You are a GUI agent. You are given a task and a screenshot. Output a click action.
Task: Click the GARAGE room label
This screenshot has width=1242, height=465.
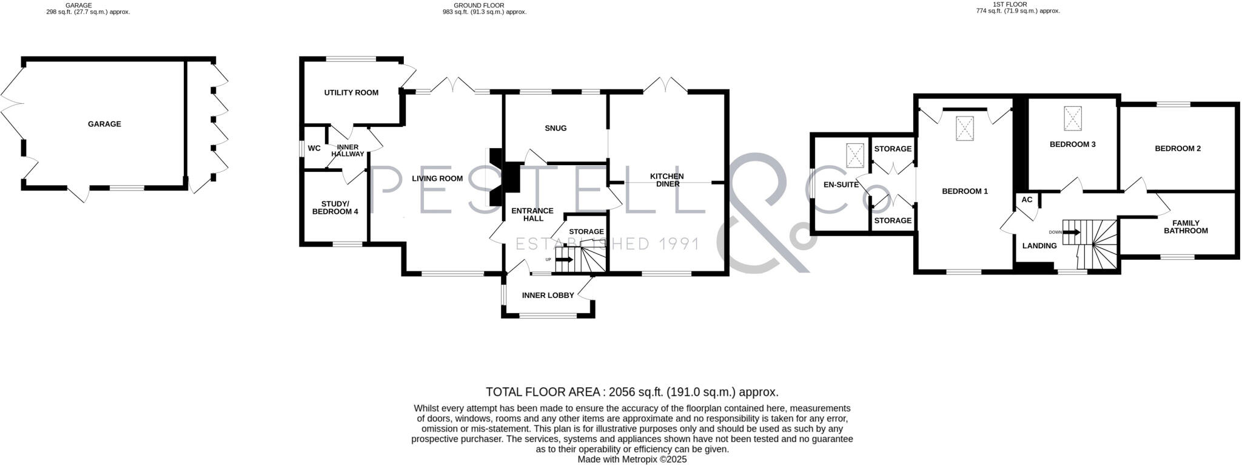[x=104, y=124]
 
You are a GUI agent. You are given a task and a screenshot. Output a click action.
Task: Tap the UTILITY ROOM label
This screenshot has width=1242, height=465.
[x=351, y=93]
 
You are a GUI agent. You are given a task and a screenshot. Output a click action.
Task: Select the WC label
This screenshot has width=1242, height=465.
[x=314, y=148]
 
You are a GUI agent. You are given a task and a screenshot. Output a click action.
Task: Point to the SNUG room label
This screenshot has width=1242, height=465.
[x=556, y=128]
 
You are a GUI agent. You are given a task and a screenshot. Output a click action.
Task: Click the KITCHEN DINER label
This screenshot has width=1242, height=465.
[x=667, y=180]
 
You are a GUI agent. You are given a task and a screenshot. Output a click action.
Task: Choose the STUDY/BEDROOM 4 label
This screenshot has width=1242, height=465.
[x=335, y=208]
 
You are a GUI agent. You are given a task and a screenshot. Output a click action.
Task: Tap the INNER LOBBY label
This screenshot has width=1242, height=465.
[x=548, y=296]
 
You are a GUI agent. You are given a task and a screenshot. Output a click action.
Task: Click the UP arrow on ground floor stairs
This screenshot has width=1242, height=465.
[x=564, y=260]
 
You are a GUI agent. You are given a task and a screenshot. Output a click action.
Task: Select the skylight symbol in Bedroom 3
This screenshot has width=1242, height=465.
[x=1073, y=118]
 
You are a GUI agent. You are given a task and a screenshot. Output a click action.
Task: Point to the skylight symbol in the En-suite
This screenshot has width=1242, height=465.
[x=855, y=155]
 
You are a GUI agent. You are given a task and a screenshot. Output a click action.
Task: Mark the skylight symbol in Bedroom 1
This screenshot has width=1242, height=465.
[x=965, y=128]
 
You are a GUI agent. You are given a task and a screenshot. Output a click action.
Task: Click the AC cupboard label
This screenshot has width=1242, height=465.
[x=1027, y=200]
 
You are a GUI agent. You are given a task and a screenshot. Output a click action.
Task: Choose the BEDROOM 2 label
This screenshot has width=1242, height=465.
[x=1178, y=149]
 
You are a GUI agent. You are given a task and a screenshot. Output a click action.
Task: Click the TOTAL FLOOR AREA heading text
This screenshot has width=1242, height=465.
[x=632, y=392]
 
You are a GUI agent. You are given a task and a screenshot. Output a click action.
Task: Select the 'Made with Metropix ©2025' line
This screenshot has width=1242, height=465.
[x=632, y=460]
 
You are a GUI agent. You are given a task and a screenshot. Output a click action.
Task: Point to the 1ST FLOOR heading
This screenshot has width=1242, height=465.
[x=1018, y=4]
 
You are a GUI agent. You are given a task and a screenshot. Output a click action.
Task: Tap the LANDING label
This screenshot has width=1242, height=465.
[x=1039, y=246]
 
